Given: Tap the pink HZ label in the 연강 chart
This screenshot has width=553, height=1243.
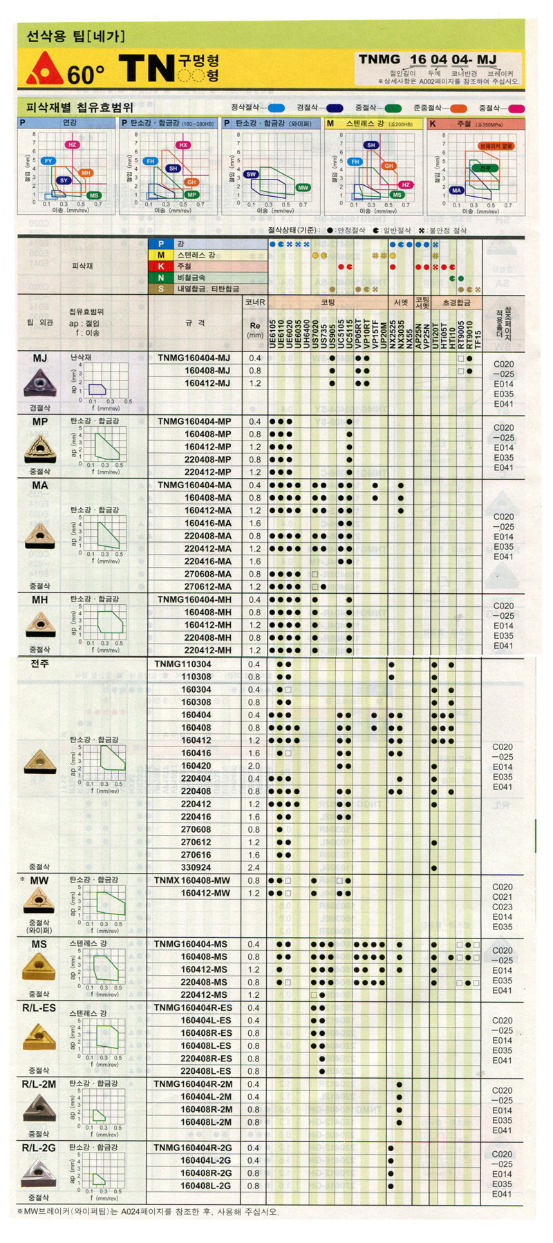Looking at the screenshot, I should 72,144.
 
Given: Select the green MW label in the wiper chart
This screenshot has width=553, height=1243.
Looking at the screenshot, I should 303,188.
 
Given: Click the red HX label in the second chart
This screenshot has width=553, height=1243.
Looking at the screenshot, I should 182,145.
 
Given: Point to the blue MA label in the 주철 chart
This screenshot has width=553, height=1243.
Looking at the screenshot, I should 456,190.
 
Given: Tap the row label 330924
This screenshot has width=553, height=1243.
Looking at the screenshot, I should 196,867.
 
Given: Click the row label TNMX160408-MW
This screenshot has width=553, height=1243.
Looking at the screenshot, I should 191,880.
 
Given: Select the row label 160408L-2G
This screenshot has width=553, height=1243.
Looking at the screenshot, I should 205,1186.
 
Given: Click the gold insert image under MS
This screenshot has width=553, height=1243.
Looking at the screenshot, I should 39,968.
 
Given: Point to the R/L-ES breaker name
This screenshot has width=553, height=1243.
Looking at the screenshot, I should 39,1008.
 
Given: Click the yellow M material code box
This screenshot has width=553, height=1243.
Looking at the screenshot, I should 160,255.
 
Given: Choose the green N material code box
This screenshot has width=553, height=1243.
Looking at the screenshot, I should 160,277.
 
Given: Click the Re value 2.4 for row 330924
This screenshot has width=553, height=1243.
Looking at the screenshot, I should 254,867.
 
